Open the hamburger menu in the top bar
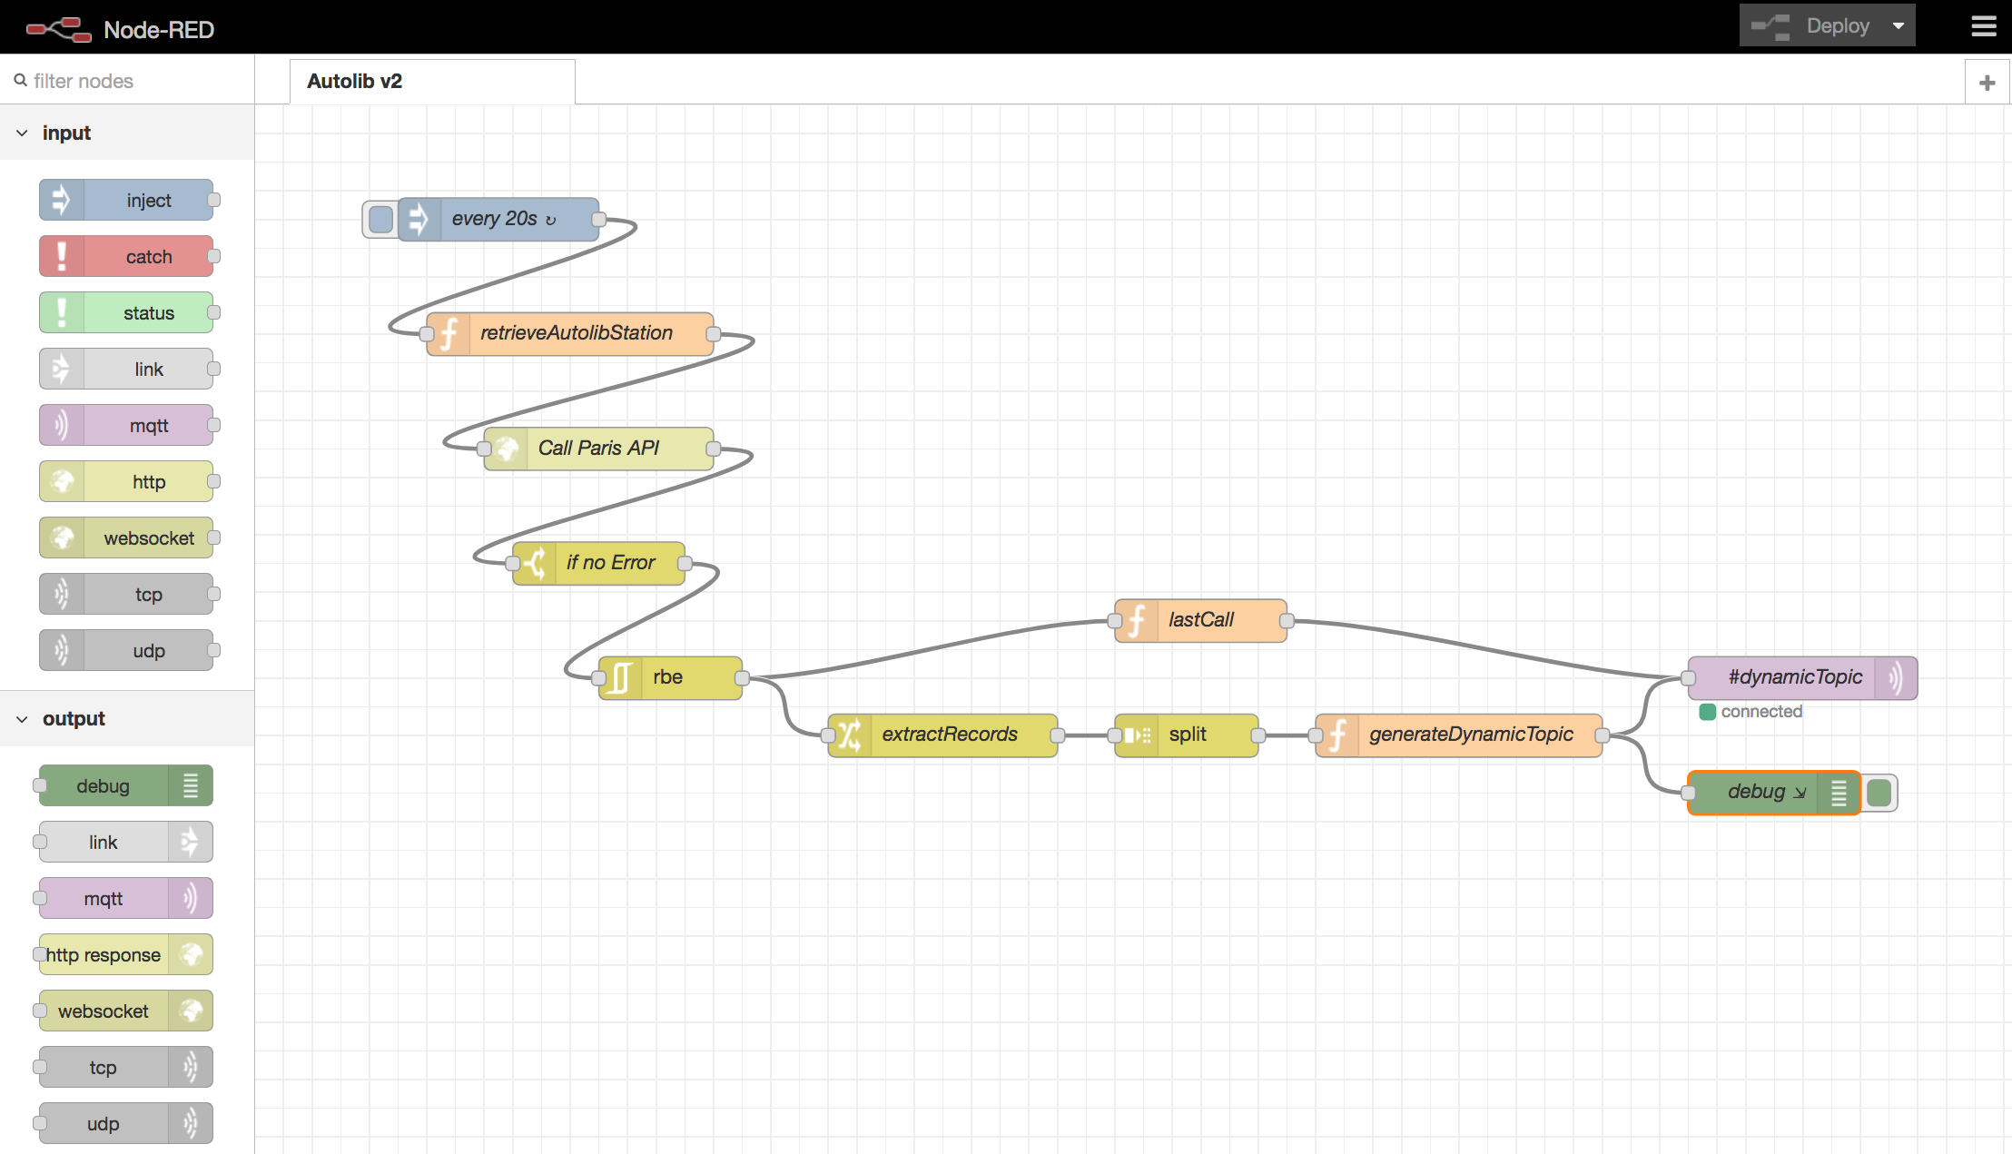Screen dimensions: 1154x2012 pyautogui.click(x=1984, y=26)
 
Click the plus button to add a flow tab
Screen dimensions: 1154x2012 pyautogui.click(x=1987, y=83)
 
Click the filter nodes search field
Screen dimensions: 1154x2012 pyautogui.click(x=127, y=81)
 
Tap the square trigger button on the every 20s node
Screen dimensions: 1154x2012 pyautogui.click(x=381, y=219)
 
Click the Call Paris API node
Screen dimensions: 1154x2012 pyautogui.click(x=598, y=449)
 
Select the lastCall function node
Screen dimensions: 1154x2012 pyautogui.click(x=1200, y=620)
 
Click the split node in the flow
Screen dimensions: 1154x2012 pyautogui.click(x=1186, y=735)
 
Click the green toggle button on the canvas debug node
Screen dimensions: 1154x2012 pyautogui.click(x=1879, y=793)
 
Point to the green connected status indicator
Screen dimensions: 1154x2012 pyautogui.click(x=1707, y=712)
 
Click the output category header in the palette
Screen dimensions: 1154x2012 pyautogui.click(x=73, y=719)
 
